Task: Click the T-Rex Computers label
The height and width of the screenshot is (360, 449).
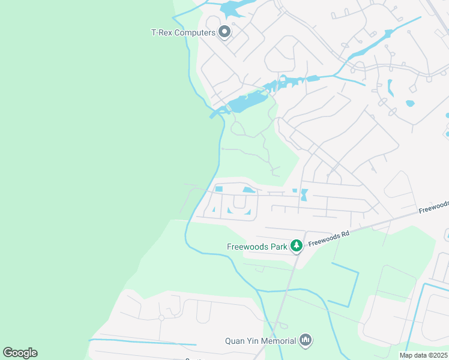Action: coord(183,32)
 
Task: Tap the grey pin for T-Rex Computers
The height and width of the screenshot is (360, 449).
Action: coord(225,31)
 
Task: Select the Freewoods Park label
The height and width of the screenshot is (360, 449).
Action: coord(258,246)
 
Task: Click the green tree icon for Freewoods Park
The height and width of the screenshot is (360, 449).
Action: coord(296,245)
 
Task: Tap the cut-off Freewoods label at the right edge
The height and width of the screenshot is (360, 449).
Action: coord(433,207)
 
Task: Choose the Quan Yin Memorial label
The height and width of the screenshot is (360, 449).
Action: coord(261,341)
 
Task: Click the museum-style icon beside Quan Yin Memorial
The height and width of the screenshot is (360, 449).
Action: coord(306,340)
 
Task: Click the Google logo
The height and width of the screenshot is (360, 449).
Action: coord(20,353)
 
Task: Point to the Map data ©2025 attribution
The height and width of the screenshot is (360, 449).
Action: coord(424,355)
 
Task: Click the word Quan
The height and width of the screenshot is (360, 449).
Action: coord(234,341)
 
